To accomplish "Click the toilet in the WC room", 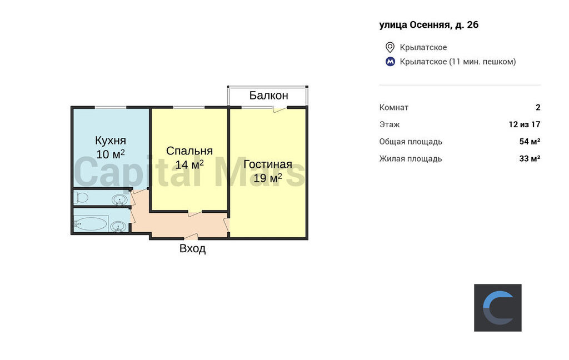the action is point(81,197).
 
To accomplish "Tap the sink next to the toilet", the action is point(119,200).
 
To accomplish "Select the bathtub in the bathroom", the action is point(91,224).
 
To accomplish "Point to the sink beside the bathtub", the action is point(119,227).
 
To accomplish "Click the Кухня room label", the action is point(111,140).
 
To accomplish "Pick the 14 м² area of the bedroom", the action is point(189,164).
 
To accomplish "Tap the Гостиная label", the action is point(268,164).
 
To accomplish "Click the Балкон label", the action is point(268,96).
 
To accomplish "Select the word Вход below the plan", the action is point(192,248).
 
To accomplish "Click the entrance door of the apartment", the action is point(191,237).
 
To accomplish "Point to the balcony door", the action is point(280,108).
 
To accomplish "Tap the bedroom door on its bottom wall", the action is point(195,213).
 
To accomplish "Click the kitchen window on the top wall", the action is point(111,107).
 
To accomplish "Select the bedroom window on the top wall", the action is point(189,107).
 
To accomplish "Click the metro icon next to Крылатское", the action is point(390,62).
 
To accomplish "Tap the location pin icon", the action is point(390,47).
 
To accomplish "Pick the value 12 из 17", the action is point(525,124).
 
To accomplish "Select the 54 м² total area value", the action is point(530,142).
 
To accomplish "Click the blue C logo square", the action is point(497,308).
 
